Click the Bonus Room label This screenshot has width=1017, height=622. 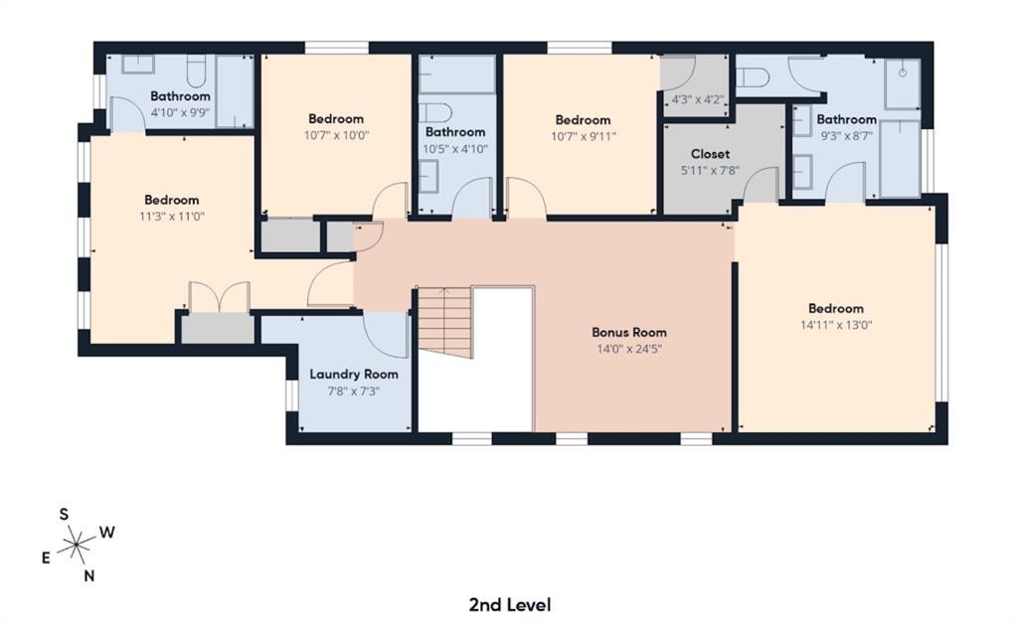click(x=629, y=332)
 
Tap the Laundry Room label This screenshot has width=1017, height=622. click(x=353, y=375)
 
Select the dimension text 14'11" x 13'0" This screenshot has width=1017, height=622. click(x=835, y=324)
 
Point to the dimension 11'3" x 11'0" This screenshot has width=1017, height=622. click(x=171, y=216)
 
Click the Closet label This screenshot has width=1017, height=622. click(x=710, y=154)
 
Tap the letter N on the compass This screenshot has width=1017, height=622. click(x=89, y=575)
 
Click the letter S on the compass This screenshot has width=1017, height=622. click(x=64, y=514)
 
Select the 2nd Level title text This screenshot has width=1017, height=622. click(x=509, y=604)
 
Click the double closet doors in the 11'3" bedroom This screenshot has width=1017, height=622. click(x=219, y=298)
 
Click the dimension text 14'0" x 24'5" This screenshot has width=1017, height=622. click(x=629, y=349)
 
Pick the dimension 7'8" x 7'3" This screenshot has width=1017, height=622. click(x=353, y=390)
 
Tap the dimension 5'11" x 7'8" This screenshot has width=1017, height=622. click(x=710, y=170)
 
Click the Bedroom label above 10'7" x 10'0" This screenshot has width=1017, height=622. click(x=335, y=119)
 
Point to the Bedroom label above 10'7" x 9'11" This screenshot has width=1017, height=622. click(x=583, y=120)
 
